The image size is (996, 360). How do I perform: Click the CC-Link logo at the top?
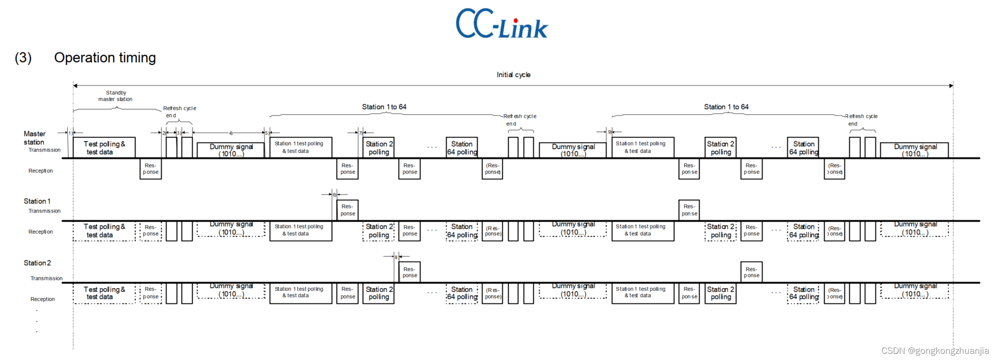pyautogui.click(x=502, y=24)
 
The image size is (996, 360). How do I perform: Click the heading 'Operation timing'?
pyautogui.click(x=105, y=58)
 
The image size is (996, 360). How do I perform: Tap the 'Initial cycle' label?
pyautogui.click(x=513, y=75)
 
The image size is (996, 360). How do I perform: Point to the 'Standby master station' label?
pyautogui.click(x=116, y=96)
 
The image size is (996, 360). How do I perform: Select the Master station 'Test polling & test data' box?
pyautogui.click(x=104, y=148)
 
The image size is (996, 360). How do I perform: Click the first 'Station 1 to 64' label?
pyautogui.click(x=384, y=107)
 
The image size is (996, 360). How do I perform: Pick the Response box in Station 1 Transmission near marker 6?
pyautogui.click(x=348, y=210)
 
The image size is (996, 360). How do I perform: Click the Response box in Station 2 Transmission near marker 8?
pyautogui.click(x=410, y=272)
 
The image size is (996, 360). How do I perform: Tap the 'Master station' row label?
pyautogui.click(x=35, y=138)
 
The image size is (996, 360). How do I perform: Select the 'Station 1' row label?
pyautogui.click(x=37, y=201)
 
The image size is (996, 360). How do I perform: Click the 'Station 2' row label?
pyautogui.click(x=37, y=263)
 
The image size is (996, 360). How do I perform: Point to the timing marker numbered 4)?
pyautogui.click(x=231, y=133)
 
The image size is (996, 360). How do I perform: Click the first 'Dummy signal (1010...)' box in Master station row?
pyautogui.click(x=231, y=150)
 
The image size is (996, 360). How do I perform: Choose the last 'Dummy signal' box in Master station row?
pyautogui.click(x=915, y=150)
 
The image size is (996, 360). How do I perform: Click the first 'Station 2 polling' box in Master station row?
pyautogui.click(x=379, y=148)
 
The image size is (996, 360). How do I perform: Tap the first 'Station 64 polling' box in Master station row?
pyautogui.click(x=462, y=148)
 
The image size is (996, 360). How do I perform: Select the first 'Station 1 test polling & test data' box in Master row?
pyautogui.click(x=301, y=147)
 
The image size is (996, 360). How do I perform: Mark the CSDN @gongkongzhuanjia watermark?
pyautogui.click(x=935, y=351)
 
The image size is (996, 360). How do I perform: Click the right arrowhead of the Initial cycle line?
pyautogui.click(x=951, y=86)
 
